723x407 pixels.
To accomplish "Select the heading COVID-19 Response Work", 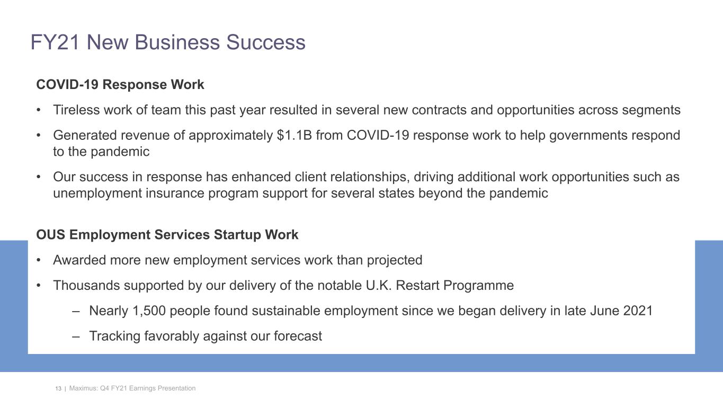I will click(x=120, y=85).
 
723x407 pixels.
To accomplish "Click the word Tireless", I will click(x=74, y=110).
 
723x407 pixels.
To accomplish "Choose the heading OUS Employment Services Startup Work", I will click(x=167, y=235).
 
